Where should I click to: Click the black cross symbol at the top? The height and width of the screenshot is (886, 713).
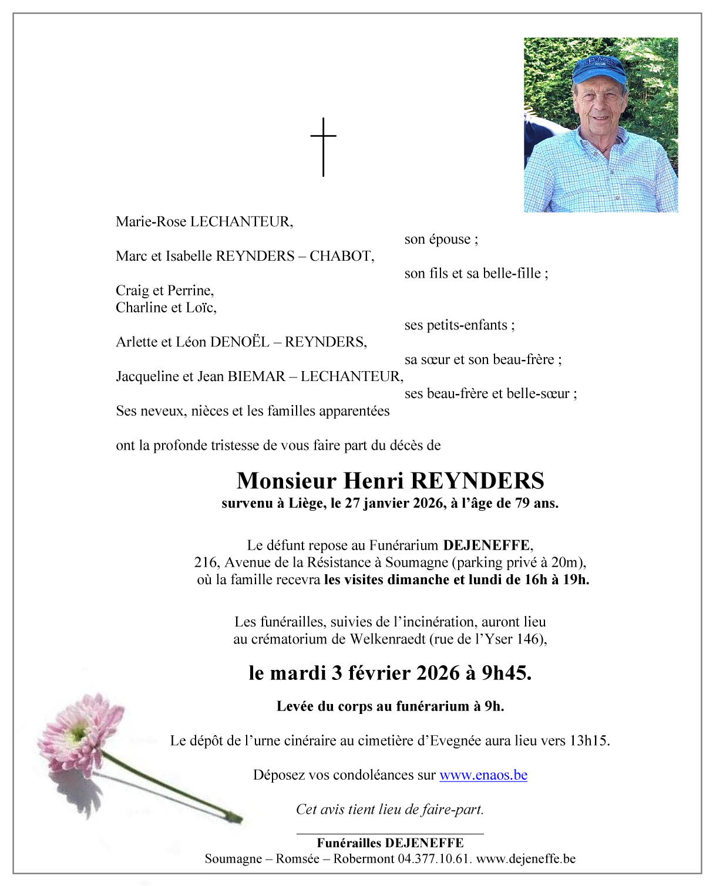[x=323, y=147]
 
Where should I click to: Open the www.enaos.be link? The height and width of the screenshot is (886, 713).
[x=483, y=775]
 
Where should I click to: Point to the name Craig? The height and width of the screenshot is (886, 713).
[x=132, y=291]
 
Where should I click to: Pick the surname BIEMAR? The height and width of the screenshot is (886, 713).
[x=256, y=376]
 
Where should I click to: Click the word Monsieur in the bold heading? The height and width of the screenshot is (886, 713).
[x=286, y=481]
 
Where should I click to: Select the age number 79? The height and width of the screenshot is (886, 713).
[x=523, y=503]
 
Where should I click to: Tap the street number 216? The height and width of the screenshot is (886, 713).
[x=206, y=562]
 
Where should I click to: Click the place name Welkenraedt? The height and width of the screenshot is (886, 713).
[x=388, y=639]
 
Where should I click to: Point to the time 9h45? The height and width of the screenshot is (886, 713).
[x=506, y=673]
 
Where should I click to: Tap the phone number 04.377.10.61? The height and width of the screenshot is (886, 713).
[x=435, y=859]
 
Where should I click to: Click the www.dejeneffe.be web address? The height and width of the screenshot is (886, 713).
[x=526, y=859]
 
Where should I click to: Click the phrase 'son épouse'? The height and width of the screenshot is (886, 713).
[x=440, y=240]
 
